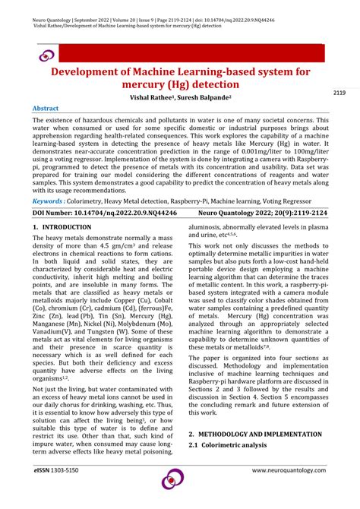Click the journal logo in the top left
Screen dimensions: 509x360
point(47,55)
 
